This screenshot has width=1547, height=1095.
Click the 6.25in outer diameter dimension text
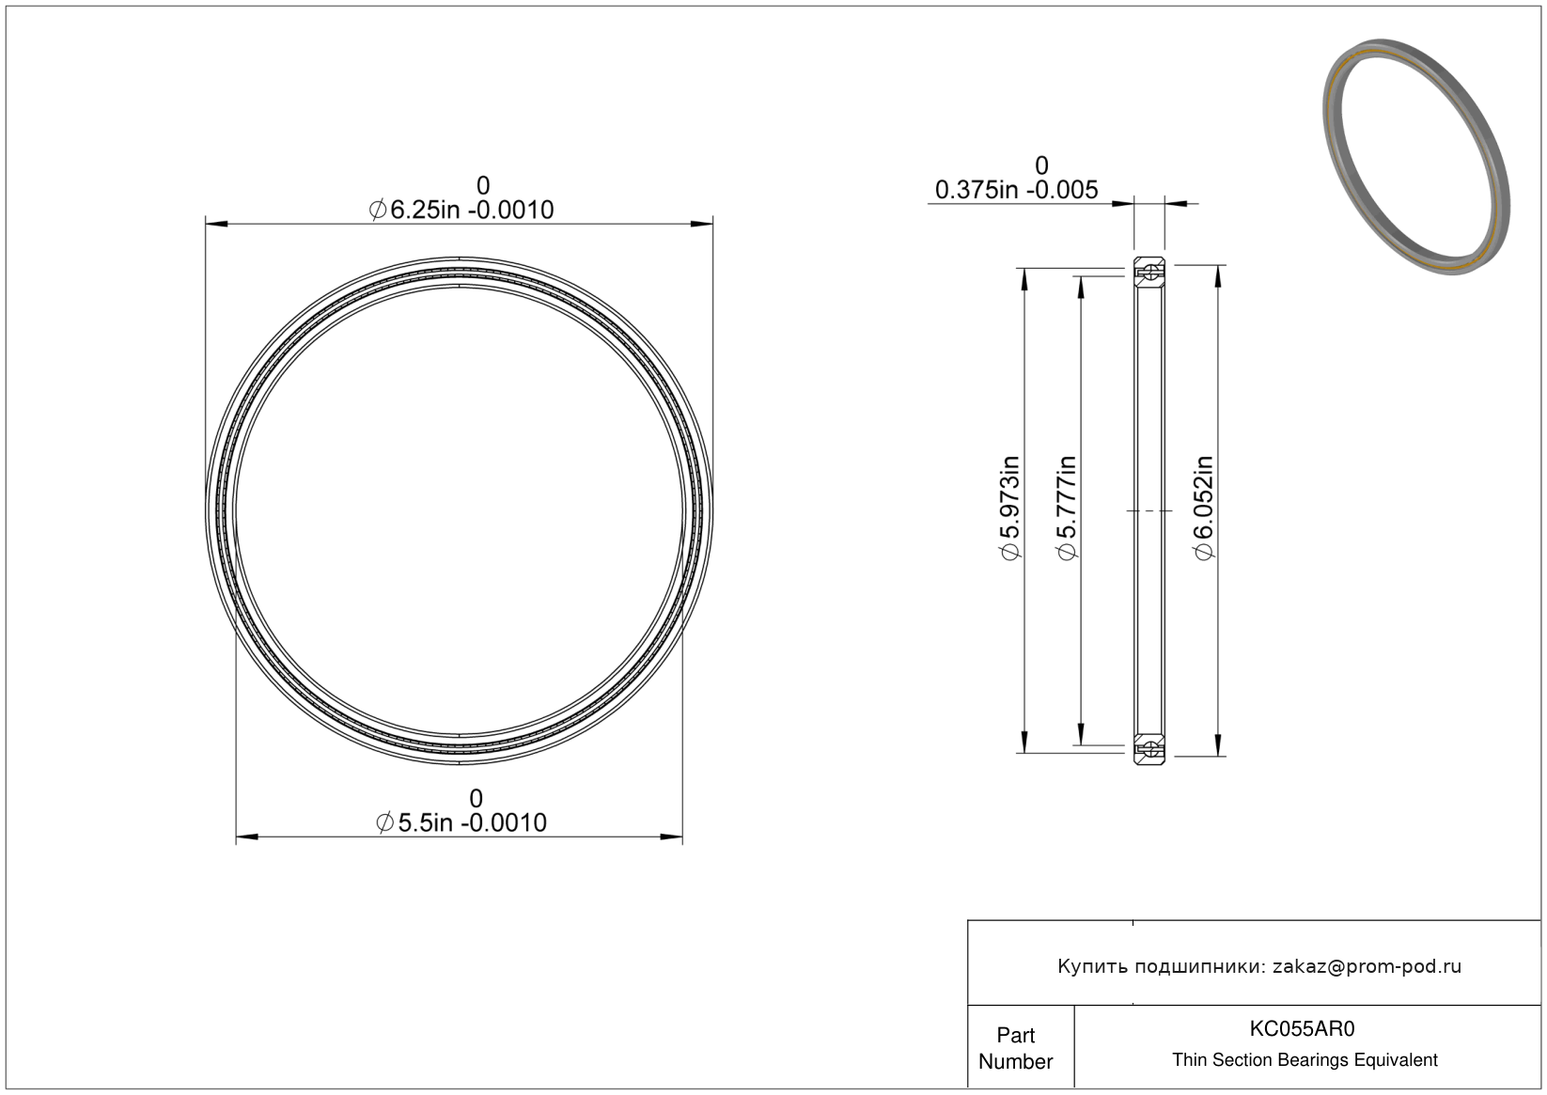click(x=461, y=210)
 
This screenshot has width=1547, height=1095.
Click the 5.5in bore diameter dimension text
click(x=461, y=822)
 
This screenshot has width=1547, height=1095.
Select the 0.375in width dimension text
click(x=1017, y=190)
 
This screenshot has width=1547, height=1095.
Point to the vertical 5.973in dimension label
click(x=1010, y=508)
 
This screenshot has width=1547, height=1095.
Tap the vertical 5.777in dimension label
click(x=1067, y=508)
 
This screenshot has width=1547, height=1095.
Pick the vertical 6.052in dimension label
click(x=1204, y=508)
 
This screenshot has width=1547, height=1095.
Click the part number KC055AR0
click(x=1302, y=1028)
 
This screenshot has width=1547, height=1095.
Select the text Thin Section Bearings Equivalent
click(x=1305, y=1060)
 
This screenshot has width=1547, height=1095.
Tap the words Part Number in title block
click(x=1015, y=1048)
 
